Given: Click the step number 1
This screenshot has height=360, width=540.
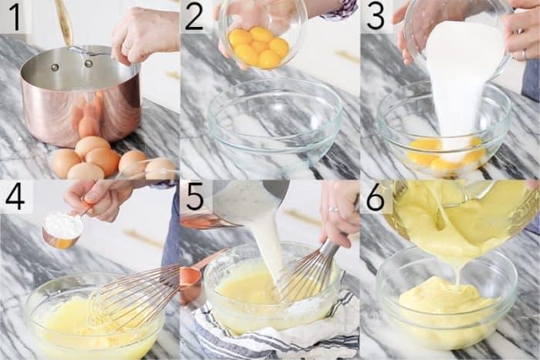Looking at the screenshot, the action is pos(15,16).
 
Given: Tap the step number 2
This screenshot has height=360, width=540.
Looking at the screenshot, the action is pos(194,16).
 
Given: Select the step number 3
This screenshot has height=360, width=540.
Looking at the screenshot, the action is pos(375,16).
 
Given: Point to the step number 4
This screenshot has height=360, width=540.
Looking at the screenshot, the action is pos(15,197).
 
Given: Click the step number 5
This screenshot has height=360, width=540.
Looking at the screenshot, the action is pos(194,197).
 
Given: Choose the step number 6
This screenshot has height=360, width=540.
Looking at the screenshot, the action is pos(376,197).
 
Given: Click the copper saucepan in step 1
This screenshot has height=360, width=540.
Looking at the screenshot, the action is pos(81,95).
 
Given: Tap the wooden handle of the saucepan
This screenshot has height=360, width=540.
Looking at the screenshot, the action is pos(64,22).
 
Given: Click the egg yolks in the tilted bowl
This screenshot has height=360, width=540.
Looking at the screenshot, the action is pos(259,47).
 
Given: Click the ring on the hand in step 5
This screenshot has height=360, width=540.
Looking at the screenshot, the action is pos(333,209).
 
